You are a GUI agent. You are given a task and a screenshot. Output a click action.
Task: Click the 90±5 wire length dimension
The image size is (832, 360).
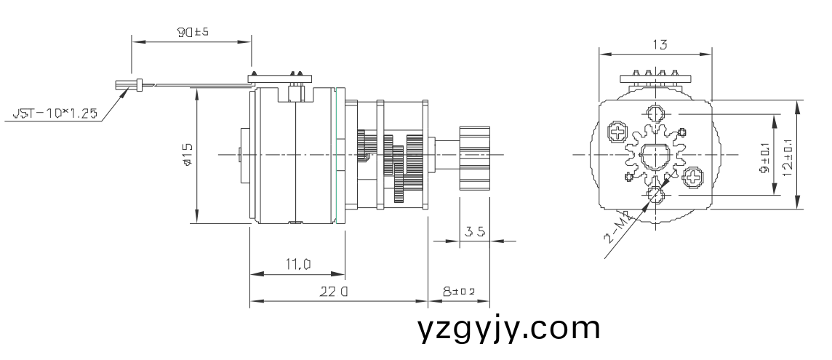pos(193,33)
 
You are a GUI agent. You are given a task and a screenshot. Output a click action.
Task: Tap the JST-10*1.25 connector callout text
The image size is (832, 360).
pos(55,114)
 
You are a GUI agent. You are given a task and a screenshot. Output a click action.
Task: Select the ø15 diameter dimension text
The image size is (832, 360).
pos(188,155)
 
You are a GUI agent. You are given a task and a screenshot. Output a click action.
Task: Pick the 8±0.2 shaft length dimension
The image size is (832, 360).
pos(459,292)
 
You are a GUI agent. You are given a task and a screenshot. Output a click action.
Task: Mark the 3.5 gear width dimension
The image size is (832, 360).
pos(475,232)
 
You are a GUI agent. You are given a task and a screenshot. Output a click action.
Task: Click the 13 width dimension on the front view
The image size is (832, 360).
pos(660,45)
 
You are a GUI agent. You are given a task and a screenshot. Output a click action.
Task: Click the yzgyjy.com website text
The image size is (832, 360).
pos(509,329)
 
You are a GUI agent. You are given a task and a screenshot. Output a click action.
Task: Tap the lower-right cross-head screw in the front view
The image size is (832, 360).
pos(693,176)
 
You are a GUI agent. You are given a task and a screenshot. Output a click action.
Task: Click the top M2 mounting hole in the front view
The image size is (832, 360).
pos(655,114)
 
